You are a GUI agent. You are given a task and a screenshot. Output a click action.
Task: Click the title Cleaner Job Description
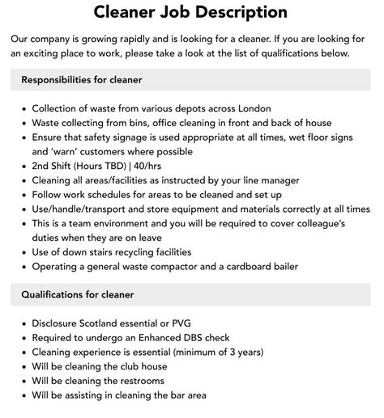click(190, 12)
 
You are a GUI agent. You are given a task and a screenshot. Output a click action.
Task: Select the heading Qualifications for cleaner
click(78, 294)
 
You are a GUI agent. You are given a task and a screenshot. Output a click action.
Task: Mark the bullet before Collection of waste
click(23, 108)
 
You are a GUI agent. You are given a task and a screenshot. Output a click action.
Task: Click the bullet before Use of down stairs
click(23, 252)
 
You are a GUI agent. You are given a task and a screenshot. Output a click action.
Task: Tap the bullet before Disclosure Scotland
click(23, 323)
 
